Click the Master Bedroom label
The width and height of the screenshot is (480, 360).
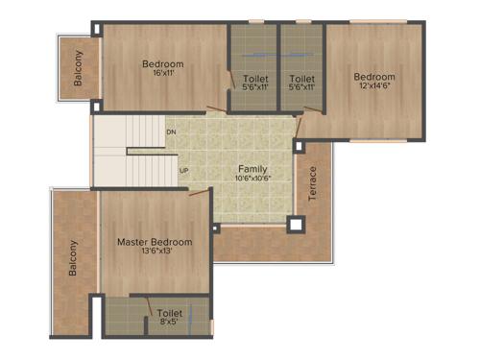[155, 242]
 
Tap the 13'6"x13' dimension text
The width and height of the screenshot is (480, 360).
[155, 253]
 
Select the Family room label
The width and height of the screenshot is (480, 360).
[253, 169]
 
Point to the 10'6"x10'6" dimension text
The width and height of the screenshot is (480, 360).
[253, 179]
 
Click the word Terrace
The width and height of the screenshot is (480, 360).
[312, 184]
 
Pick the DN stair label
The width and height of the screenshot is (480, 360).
[171, 132]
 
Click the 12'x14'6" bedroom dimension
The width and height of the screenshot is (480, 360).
[373, 87]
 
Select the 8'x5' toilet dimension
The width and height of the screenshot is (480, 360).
[170, 324]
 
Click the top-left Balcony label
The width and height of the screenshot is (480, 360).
[78, 67]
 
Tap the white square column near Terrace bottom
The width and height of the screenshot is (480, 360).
[297, 225]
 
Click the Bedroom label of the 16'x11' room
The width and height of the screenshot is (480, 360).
[162, 64]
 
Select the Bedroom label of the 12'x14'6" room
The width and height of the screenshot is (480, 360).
[373, 77]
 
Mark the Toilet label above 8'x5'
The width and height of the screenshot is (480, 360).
[170, 313]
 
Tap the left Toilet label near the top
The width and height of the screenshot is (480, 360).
[255, 78]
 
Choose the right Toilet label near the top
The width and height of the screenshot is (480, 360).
[301, 78]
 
